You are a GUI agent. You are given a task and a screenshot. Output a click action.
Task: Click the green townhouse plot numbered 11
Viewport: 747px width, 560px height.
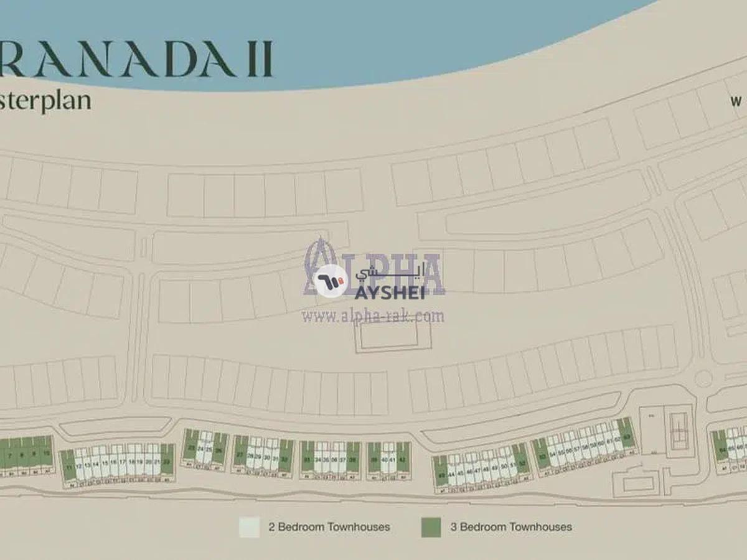[x=68, y=465]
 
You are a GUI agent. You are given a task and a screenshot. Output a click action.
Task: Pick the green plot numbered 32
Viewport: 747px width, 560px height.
[x=286, y=455]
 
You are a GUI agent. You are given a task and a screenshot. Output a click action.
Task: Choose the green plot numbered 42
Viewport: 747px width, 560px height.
[x=403, y=458]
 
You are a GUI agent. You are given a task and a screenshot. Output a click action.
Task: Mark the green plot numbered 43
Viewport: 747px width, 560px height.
[x=441, y=470]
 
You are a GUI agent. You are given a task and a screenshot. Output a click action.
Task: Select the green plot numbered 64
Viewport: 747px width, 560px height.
[x=721, y=446]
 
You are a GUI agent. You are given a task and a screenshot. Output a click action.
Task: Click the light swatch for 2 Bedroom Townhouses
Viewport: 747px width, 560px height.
[x=249, y=527]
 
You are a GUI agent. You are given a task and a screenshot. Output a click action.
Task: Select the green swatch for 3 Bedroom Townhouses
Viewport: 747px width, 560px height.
[x=431, y=527]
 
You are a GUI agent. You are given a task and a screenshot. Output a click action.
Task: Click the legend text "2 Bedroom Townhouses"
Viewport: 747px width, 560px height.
[x=329, y=527]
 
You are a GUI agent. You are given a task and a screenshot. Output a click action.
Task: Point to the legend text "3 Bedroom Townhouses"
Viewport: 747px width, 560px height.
[x=511, y=527]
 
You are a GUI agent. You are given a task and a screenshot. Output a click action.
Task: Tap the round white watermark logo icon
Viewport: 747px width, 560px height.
[x=331, y=281]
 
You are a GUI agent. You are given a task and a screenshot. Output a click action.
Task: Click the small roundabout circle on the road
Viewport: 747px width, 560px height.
[x=703, y=378]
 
